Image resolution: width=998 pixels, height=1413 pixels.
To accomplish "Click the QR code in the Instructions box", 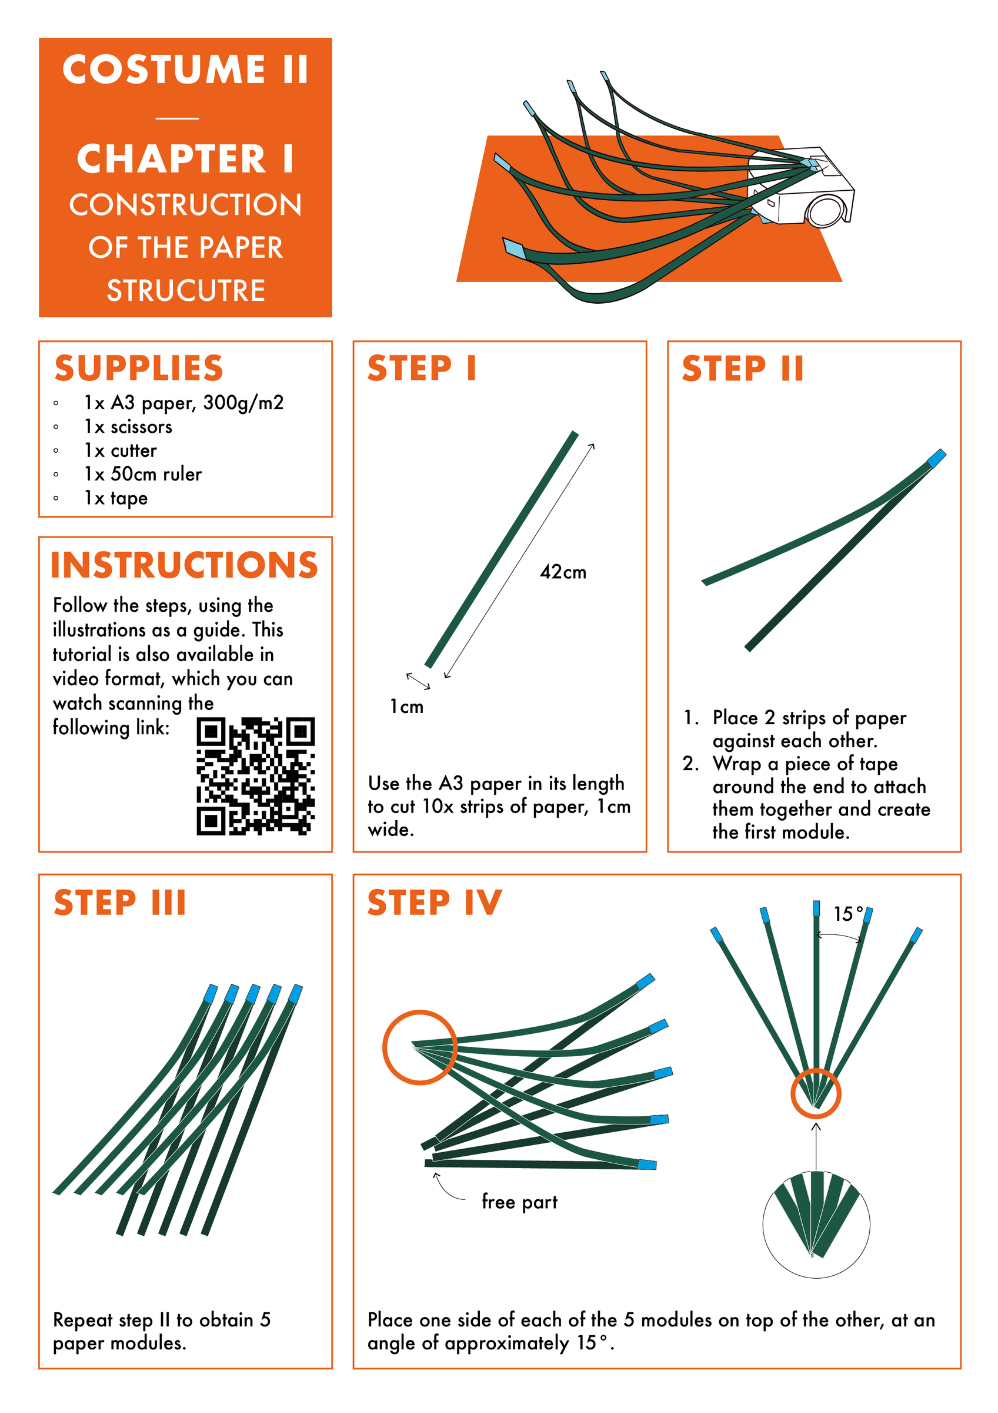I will [x=255, y=776].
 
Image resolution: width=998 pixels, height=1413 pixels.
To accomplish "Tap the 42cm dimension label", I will [x=563, y=572].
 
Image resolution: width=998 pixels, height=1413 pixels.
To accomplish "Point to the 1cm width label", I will [x=406, y=706].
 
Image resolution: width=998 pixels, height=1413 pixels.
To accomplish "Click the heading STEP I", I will [x=422, y=369].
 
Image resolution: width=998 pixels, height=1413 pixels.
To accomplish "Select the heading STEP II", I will [x=742, y=369].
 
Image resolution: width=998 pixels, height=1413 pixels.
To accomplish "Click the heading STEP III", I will [x=120, y=903].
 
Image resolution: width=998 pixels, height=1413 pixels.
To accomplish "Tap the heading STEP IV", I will [x=434, y=903].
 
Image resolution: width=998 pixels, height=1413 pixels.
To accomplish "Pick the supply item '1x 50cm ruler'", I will [x=143, y=474].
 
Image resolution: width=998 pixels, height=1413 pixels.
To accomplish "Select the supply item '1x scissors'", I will [x=128, y=426].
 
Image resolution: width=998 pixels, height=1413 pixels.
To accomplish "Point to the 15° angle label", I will [x=847, y=914].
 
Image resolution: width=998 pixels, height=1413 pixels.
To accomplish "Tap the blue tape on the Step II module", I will [x=936, y=458].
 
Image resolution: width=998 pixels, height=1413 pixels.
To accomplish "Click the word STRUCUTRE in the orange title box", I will [x=186, y=290].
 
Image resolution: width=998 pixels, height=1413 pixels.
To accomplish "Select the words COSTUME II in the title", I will [x=186, y=69].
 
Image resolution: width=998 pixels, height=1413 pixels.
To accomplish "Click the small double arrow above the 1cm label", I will [x=418, y=681].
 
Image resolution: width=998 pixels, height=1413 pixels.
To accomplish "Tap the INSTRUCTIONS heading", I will [x=185, y=565].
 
